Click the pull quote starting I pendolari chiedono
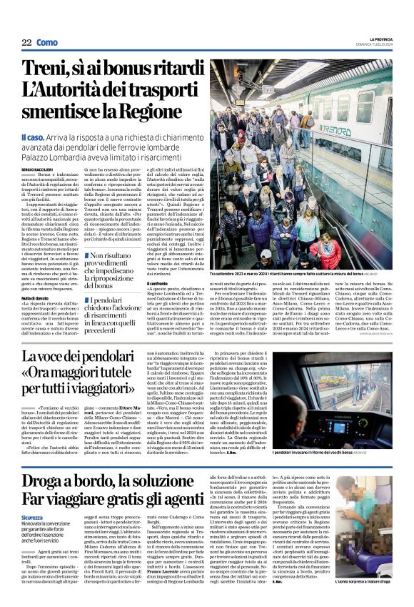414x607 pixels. click(117, 314)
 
